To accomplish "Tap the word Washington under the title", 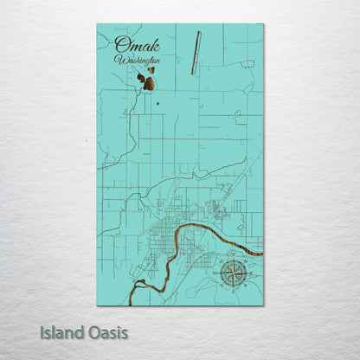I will tap(136, 61).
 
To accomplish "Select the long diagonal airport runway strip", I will tap(195, 54).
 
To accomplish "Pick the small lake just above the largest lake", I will tap(151, 72).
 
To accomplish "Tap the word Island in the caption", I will tap(61, 332).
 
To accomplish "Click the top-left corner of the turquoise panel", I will tap(97, 24).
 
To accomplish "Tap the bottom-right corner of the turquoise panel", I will tap(263, 305).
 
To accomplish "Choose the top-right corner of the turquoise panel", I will tap(263, 24).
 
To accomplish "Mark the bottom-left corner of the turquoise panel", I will tap(97, 305).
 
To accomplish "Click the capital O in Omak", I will tap(122, 44).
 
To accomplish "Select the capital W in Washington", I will tap(119, 61).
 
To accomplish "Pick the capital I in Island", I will tap(42, 332).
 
